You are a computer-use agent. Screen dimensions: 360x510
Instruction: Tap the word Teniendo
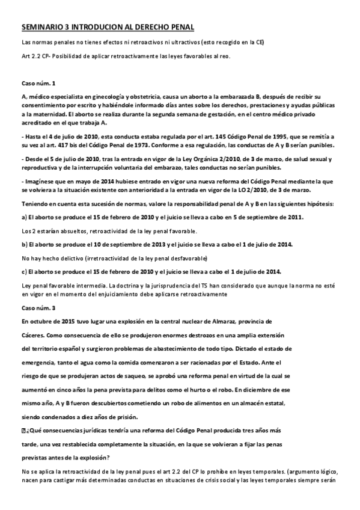tap(37, 204)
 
